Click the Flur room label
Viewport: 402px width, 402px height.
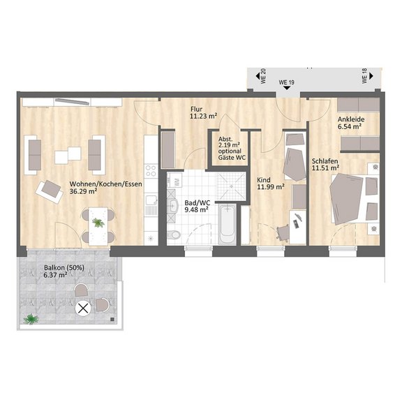(196, 110)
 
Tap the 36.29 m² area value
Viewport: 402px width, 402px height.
(83, 191)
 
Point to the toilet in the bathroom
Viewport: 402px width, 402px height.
(174, 234)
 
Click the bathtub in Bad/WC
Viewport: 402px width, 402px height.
(228, 223)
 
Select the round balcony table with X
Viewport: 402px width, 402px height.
(83, 308)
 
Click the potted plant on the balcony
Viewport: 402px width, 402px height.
(31, 319)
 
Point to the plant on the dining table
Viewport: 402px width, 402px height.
(98, 222)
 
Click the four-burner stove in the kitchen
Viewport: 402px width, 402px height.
(151, 171)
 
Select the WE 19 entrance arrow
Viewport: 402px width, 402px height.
(287, 88)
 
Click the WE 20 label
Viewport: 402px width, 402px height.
(263, 76)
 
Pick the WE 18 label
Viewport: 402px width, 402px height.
(364, 76)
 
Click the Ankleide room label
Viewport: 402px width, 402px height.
(351, 119)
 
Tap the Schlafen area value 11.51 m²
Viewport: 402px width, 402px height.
(326, 168)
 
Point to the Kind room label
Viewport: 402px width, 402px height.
(264, 180)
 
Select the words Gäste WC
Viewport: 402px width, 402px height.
(232, 158)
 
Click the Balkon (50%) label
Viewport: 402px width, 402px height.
(64, 268)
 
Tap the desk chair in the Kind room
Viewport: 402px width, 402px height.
(283, 232)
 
